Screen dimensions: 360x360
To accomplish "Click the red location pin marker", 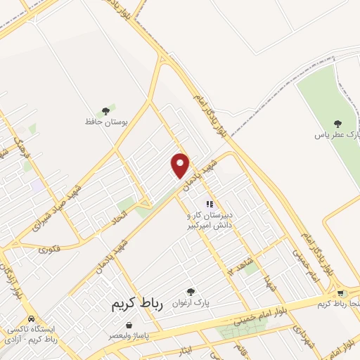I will tap(181, 165).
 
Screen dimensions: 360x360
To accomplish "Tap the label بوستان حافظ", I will tap(106, 122).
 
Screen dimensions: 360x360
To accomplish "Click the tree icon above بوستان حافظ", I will tap(106, 110).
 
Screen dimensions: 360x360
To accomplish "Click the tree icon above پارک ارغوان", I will tap(191, 291).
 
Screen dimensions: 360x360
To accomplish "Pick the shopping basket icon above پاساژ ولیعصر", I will tap(129, 326).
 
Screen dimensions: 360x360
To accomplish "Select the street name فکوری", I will tap(49, 247).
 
